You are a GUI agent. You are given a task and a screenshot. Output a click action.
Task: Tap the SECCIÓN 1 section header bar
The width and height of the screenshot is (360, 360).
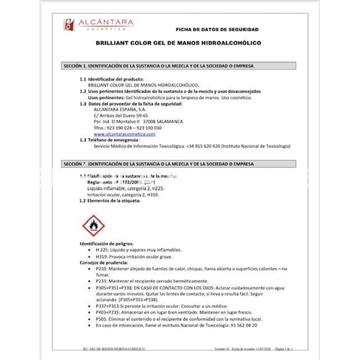[x=179, y=64]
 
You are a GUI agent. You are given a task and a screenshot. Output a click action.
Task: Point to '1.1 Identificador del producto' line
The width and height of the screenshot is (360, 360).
[x=110, y=79]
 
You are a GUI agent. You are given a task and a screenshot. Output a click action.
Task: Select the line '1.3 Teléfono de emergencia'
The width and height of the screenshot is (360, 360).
[x=110, y=139]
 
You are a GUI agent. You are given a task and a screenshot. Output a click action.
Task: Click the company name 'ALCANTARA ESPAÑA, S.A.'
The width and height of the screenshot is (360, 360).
[x=116, y=110]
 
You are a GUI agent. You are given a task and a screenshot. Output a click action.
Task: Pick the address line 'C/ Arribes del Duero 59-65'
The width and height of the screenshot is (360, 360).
[x=113, y=116]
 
